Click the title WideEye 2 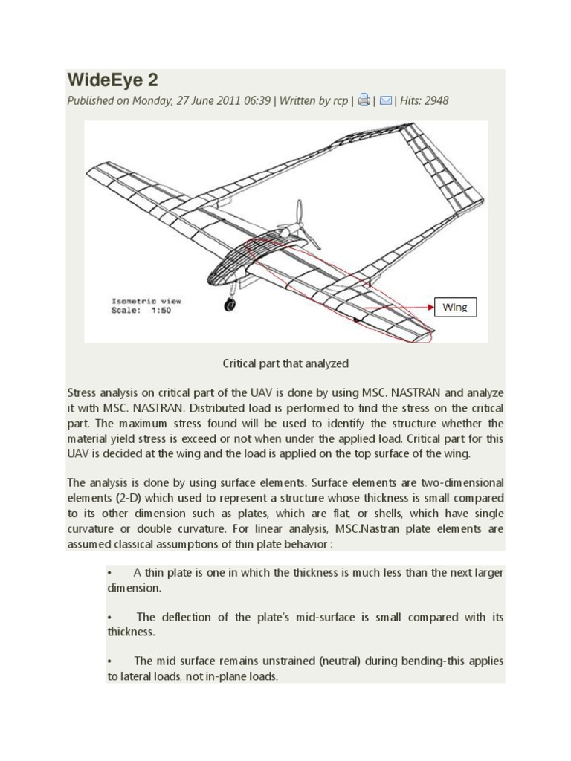[x=112, y=80]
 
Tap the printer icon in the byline [x=364, y=100]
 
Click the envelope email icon [x=386, y=100]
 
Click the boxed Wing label [x=455, y=307]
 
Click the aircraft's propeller [x=302, y=224]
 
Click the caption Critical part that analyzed [x=285, y=363]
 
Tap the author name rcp [x=339, y=100]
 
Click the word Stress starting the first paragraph [x=83, y=392]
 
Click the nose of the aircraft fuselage [x=210, y=279]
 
